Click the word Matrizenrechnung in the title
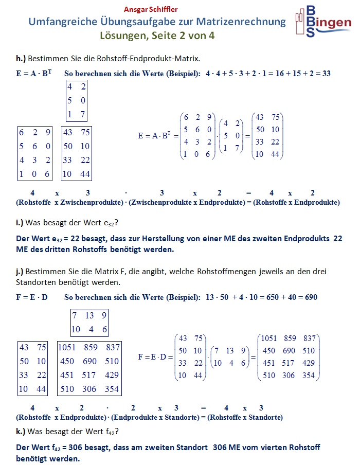pyautogui.click(x=246, y=22)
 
